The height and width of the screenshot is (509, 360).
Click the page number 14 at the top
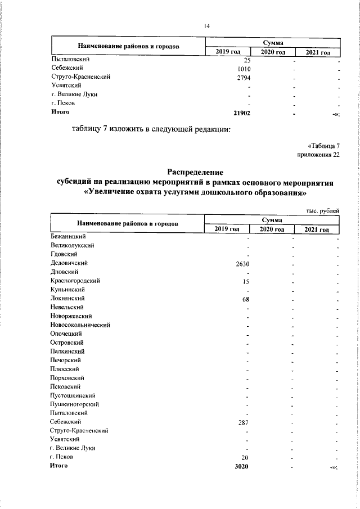(x=206, y=25)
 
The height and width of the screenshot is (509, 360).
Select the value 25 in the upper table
(x=246, y=60)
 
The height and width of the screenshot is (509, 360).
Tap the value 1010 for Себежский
(x=244, y=69)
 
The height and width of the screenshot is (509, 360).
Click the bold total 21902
(x=241, y=112)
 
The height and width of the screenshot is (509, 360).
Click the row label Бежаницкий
(x=67, y=237)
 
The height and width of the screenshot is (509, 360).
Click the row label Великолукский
(x=72, y=245)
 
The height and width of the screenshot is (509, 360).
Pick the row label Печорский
(x=65, y=359)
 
